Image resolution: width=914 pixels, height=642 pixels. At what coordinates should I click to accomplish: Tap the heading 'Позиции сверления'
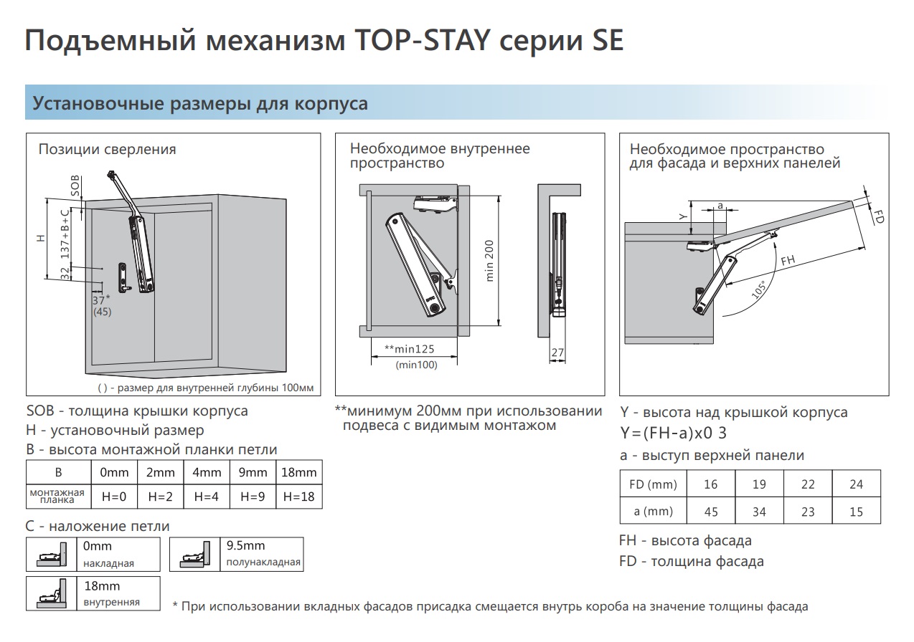point(107,149)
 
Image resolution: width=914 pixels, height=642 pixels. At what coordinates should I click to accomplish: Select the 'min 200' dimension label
point(491,261)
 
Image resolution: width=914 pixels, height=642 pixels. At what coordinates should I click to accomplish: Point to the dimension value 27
point(557,353)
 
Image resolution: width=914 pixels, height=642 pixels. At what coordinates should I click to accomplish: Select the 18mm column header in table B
point(298,472)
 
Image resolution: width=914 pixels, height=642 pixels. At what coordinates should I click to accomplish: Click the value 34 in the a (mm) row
point(759,512)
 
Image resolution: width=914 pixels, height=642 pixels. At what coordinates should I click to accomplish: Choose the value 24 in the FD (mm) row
point(856,484)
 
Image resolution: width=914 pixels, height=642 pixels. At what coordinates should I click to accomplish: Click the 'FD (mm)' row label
point(653,484)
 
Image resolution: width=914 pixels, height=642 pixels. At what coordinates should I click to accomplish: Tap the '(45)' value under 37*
point(102,312)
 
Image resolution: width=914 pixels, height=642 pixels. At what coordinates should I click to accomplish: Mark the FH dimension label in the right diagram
point(788,261)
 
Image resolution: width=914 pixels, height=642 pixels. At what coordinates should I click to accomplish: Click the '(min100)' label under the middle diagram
point(416,365)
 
